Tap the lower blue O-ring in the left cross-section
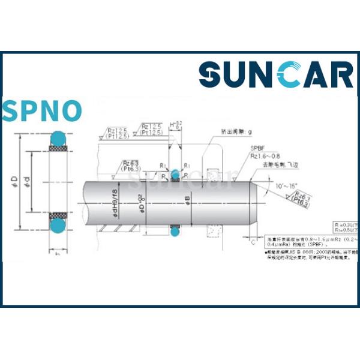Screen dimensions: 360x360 [x=58, y=225]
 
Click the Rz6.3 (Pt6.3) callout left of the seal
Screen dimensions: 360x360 [x=131, y=166]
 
